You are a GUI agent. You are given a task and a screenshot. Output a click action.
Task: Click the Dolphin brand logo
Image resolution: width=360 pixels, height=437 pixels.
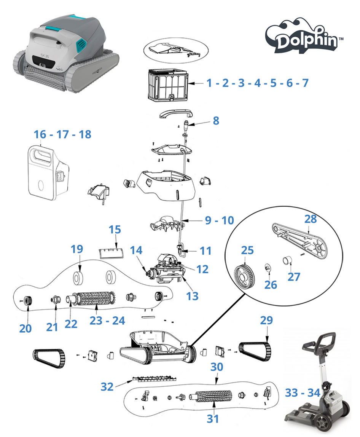304,36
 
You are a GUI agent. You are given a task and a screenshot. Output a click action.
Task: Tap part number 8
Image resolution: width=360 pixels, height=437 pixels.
216,121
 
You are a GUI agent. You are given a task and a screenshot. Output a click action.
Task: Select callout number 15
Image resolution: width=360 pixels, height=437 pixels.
115,230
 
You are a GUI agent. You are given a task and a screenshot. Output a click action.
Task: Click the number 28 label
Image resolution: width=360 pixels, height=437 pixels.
311,219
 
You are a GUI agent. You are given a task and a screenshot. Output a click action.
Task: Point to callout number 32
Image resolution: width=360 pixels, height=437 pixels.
107,387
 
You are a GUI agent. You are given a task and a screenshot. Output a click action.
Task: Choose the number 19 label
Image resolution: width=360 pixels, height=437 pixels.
77,249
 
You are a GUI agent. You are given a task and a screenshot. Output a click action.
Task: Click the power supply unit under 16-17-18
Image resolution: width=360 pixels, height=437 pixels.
48,172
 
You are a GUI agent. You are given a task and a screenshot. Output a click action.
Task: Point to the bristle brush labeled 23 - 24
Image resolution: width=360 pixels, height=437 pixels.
94,298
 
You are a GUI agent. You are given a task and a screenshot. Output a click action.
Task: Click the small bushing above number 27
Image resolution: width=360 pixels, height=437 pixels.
287,261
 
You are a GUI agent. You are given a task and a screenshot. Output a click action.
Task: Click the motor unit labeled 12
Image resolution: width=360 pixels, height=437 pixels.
167,268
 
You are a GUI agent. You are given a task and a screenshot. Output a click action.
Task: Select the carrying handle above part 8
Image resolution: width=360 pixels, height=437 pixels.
176,114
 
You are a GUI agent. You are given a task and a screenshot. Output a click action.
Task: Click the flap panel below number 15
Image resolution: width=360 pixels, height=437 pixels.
112,253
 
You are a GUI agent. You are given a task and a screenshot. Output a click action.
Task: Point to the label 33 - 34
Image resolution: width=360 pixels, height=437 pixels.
303,393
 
